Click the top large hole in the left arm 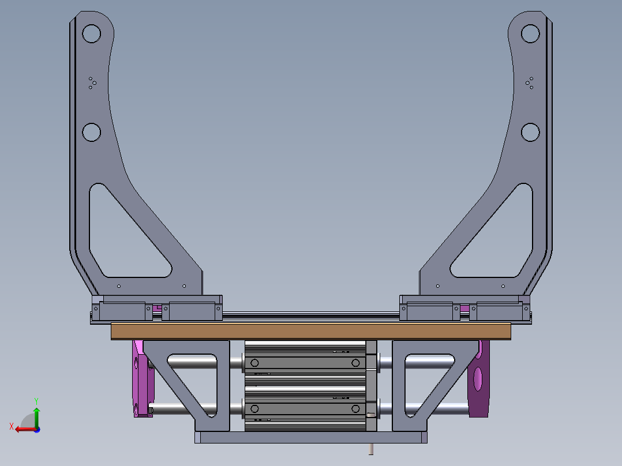click(x=91, y=33)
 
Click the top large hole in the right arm click(x=530, y=33)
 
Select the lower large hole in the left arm click(x=91, y=132)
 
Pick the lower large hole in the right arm click(x=530, y=132)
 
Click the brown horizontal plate click(x=311, y=331)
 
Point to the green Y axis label click(x=36, y=401)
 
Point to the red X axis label click(x=12, y=426)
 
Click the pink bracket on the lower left click(x=140, y=379)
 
